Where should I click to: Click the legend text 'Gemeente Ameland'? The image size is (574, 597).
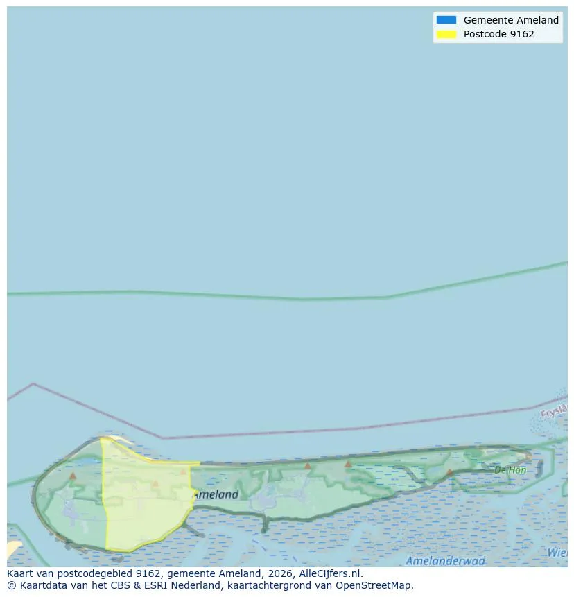pyautogui.click(x=511, y=20)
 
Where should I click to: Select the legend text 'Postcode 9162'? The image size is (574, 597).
pyautogui.click(x=498, y=34)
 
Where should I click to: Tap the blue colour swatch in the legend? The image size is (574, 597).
pyautogui.click(x=446, y=20)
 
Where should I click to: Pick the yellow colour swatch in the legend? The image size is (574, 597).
pyautogui.click(x=446, y=34)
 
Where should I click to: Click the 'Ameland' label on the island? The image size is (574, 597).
pyautogui.click(x=216, y=494)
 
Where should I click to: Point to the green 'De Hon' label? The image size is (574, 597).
pyautogui.click(x=510, y=470)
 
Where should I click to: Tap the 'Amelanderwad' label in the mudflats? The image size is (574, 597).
pyautogui.click(x=446, y=561)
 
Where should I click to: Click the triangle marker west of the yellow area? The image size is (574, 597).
pyautogui.click(x=73, y=476)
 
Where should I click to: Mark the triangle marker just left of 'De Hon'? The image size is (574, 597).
pyautogui.click(x=449, y=472)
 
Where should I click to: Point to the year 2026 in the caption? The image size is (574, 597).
pyautogui.click(x=281, y=574)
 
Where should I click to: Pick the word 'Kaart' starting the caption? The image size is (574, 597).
pyautogui.click(x=21, y=574)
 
